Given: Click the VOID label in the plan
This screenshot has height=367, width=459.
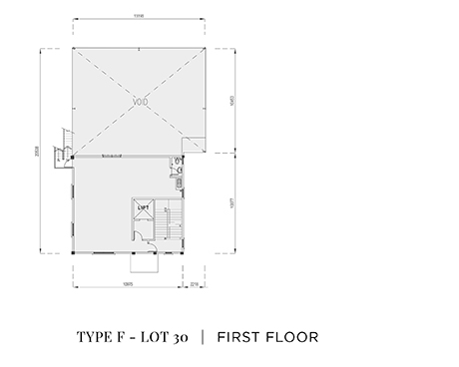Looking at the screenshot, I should (x=140, y=101).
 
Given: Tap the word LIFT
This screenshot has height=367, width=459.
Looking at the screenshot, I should (x=143, y=207).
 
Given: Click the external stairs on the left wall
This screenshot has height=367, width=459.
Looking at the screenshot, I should (x=67, y=147).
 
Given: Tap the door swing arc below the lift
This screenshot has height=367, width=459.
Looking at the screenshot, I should (x=141, y=237).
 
